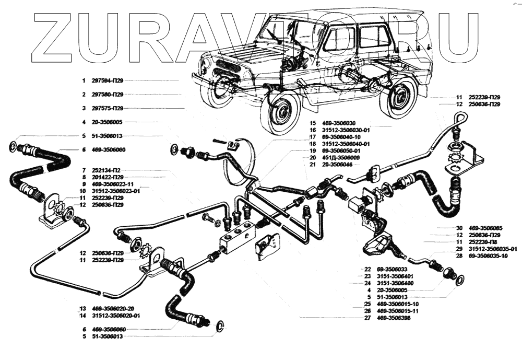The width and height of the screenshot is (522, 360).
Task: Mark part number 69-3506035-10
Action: click(x=487, y=256)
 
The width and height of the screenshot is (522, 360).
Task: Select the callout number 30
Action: click(x=459, y=228)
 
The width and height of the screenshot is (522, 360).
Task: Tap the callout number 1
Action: click(x=83, y=81)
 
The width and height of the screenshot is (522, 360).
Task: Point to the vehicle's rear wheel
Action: click(x=398, y=98)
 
